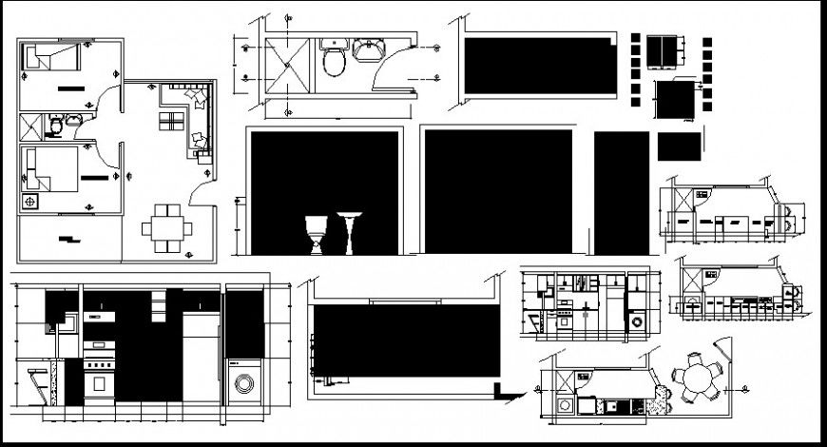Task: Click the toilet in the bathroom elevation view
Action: (x=316, y=234)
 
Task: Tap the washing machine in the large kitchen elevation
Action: (x=244, y=383)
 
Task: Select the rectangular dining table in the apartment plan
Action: (x=167, y=228)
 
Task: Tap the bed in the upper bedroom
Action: (x=53, y=60)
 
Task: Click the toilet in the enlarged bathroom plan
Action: (x=334, y=62)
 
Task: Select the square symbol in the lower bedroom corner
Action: (x=31, y=202)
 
